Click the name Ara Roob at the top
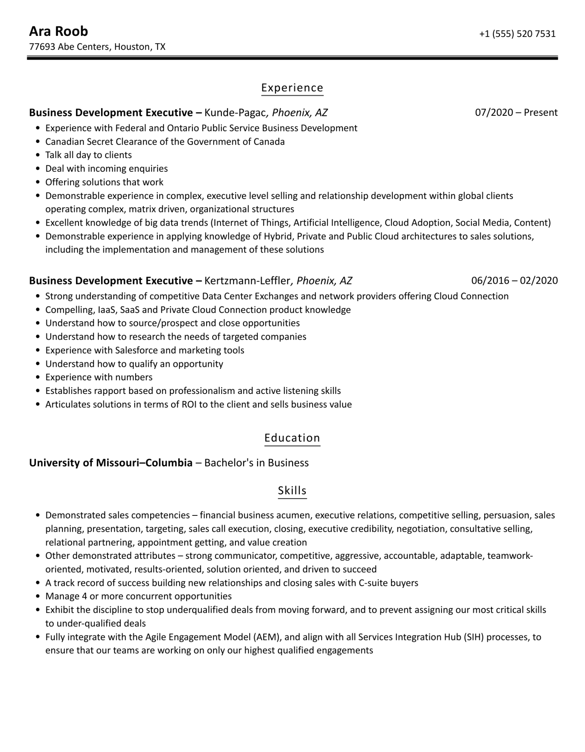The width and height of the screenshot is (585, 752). point(58,31)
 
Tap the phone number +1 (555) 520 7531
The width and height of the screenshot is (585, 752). point(517,34)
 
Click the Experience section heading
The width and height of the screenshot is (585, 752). point(292,88)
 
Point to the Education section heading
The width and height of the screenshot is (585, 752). point(292,438)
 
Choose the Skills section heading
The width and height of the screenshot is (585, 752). point(292,490)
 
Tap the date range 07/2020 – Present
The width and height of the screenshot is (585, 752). point(516,112)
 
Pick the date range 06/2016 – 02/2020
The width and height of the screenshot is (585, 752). point(514,280)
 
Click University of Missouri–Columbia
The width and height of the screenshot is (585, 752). point(111,463)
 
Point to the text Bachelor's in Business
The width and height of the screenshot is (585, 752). point(256,463)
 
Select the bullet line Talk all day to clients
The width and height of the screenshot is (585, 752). point(88,155)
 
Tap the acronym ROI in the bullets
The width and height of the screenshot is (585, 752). point(190,404)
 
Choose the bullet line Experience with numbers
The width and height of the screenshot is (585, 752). point(99,377)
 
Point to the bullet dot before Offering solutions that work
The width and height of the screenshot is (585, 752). point(38,182)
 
